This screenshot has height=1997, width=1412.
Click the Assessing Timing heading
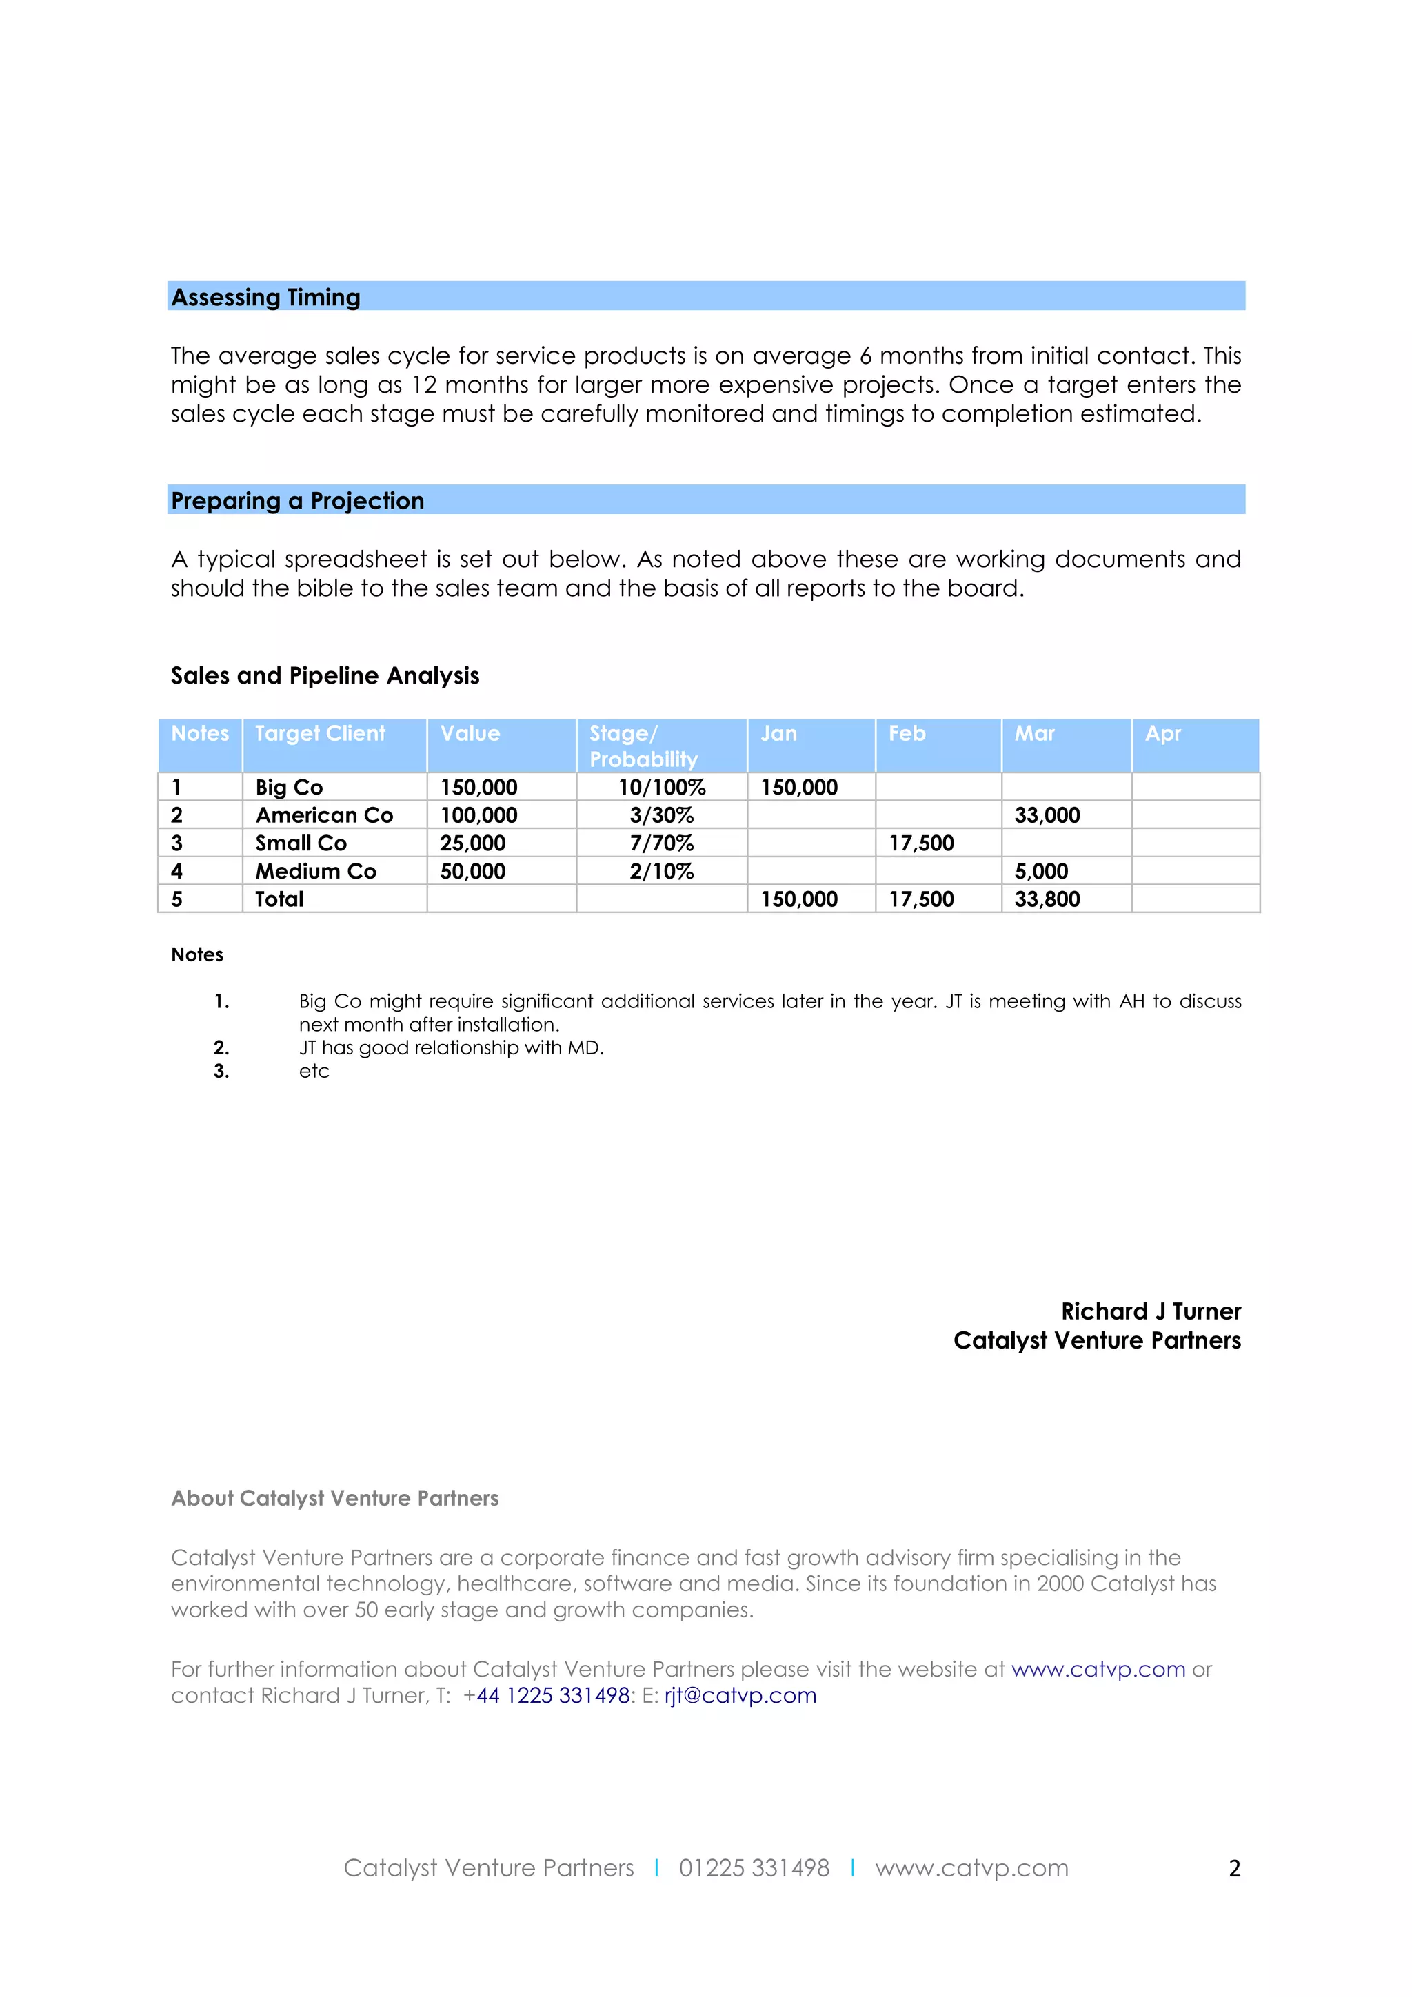(265, 298)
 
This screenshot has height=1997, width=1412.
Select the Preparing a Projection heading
(298, 501)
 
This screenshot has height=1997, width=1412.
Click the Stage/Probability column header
(643, 746)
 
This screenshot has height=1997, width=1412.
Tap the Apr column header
(1162, 734)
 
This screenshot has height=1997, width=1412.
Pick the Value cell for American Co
(478, 816)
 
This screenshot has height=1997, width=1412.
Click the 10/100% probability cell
(661, 788)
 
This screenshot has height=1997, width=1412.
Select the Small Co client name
(301, 843)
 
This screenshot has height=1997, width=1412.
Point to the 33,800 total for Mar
(1047, 899)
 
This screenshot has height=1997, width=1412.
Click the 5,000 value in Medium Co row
(1040, 872)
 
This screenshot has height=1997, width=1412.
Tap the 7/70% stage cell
(661, 843)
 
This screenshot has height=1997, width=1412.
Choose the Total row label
(279, 899)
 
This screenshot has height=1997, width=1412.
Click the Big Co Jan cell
(798, 788)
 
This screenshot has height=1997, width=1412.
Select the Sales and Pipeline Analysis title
(325, 676)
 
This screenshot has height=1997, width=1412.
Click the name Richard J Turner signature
(1150, 1311)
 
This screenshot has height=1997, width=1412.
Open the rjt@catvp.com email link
(740, 1695)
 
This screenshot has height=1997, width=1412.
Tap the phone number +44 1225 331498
(547, 1695)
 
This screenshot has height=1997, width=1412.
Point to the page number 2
(1233, 1868)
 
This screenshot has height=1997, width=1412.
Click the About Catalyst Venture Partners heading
(335, 1498)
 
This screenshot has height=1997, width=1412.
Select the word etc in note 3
(314, 1072)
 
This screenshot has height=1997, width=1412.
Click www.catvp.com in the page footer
(971, 1868)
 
